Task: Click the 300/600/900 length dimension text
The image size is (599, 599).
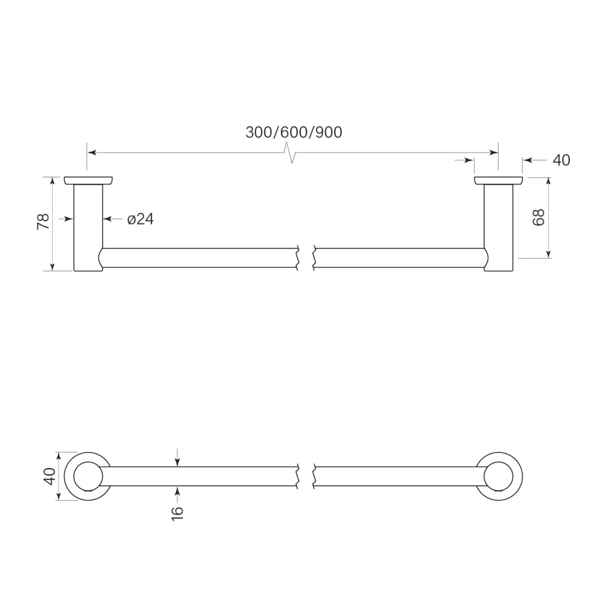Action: [x=294, y=133]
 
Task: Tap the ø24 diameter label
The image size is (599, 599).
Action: [x=140, y=219]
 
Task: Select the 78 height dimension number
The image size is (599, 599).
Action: [x=43, y=222]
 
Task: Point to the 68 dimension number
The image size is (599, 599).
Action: [x=539, y=218]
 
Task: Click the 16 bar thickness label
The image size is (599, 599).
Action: [x=178, y=512]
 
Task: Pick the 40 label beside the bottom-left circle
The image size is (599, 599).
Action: [x=50, y=476]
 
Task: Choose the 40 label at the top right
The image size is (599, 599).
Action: [x=561, y=160]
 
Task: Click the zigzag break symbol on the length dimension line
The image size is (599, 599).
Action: [x=291, y=153]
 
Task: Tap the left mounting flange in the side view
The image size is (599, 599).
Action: [x=88, y=181]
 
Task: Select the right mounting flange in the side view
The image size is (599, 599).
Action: [x=498, y=181]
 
